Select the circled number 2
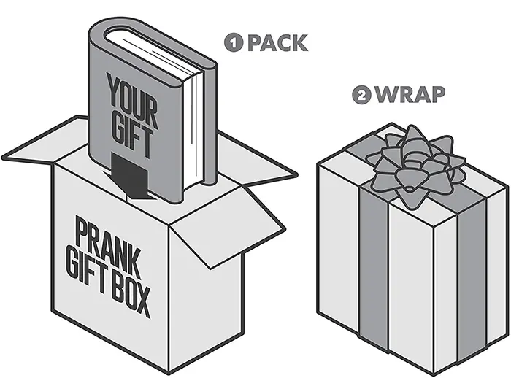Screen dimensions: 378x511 361,96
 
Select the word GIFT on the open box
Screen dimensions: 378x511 80,281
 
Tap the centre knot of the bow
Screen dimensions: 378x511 412,163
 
